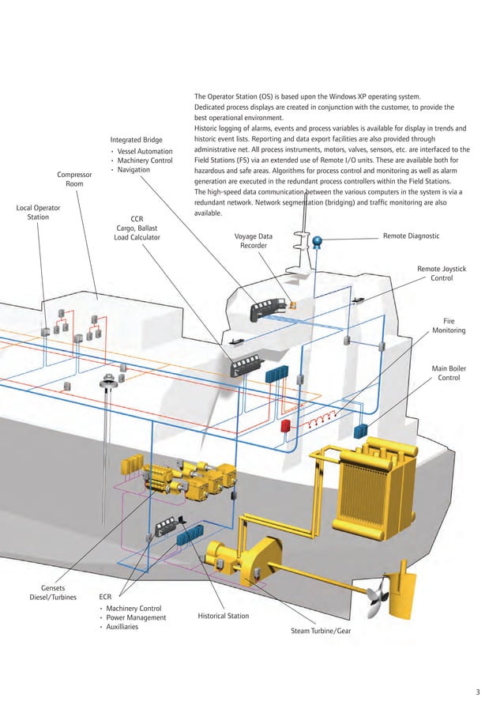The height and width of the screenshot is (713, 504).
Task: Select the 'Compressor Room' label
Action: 74,179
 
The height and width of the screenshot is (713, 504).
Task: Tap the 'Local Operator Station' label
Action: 37,212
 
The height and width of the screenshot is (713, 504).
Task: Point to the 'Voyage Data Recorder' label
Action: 254,240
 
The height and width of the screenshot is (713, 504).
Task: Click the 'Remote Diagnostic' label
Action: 411,236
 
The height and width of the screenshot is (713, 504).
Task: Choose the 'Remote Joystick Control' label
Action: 441,274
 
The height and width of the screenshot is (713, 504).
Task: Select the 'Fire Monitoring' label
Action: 448,326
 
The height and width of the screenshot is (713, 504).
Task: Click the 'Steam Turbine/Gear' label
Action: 320,631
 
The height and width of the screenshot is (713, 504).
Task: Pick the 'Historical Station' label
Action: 223,616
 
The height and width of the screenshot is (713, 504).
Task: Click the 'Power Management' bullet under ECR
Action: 136,617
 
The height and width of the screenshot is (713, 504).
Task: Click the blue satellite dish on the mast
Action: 318,241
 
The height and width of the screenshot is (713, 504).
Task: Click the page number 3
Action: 478,693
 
